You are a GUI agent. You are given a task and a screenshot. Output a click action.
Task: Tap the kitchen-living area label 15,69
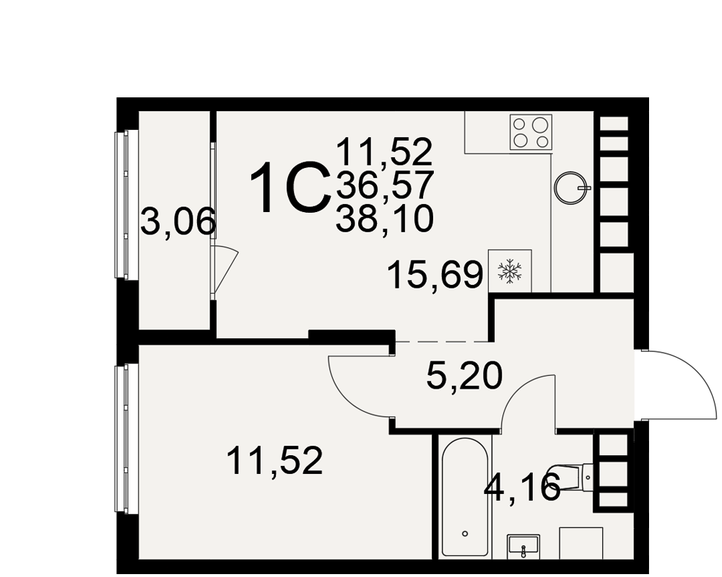435,275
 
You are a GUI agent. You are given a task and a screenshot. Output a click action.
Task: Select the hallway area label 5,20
464,376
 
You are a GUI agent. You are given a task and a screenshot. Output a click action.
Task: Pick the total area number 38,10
385,219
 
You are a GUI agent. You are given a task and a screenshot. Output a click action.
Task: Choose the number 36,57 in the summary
385,184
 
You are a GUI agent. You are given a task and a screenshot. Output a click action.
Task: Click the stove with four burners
531,132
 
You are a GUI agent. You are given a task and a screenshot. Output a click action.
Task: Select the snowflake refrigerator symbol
510,271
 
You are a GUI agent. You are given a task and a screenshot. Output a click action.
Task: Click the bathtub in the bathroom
464,498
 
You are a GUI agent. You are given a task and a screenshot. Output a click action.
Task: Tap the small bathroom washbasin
523,546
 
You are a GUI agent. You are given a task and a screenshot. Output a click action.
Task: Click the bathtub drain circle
465,533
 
